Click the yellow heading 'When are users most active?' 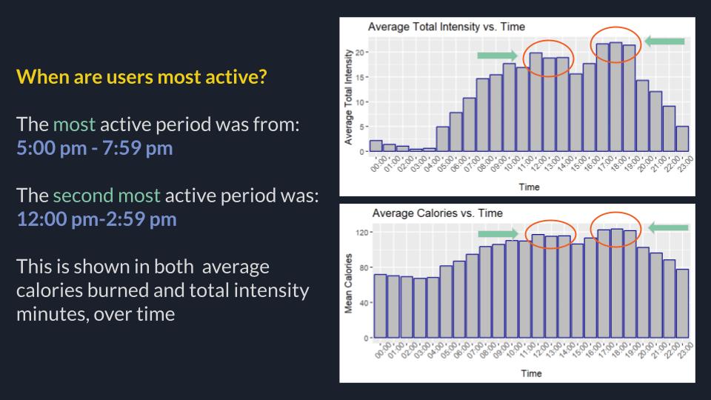pos(141,77)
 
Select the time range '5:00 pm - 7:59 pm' pos(95,147)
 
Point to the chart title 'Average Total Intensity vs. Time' pos(446,27)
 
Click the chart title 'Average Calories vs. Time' pos(437,213)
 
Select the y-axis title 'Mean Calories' pos(349,285)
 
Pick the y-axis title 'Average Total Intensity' pos(349,96)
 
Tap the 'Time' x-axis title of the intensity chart pos(529,187)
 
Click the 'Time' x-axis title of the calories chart pos(530,373)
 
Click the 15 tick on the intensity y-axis pos(361,77)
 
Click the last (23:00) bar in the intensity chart pos(682,139)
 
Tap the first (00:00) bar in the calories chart pos(380,306)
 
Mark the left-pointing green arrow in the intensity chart pos(664,41)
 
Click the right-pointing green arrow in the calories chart pos(498,234)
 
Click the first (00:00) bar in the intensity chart pos(375,146)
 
